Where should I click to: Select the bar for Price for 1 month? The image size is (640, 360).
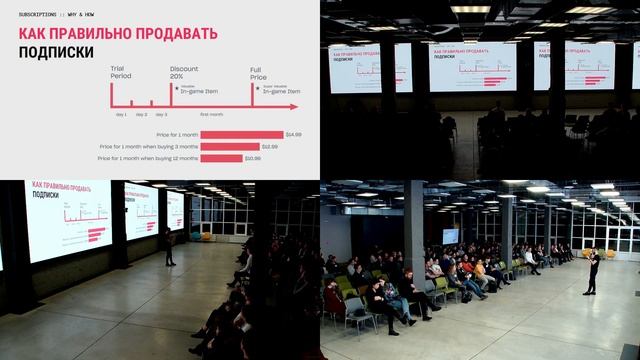pyautogui.click(x=241, y=134)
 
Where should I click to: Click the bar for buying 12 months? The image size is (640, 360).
pyautogui.click(x=221, y=157)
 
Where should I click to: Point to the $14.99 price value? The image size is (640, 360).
pyautogui.click(x=293, y=134)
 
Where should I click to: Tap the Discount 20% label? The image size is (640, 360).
pyautogui.click(x=183, y=73)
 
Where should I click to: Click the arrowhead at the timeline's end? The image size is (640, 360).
pyautogui.click(x=293, y=106)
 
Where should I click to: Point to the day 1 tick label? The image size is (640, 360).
pyautogui.click(x=121, y=115)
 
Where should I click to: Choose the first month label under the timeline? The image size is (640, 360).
pyautogui.click(x=211, y=115)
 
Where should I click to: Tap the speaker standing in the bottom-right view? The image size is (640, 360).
pyautogui.click(x=593, y=272)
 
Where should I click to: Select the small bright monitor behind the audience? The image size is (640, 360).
pyautogui.click(x=451, y=236)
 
